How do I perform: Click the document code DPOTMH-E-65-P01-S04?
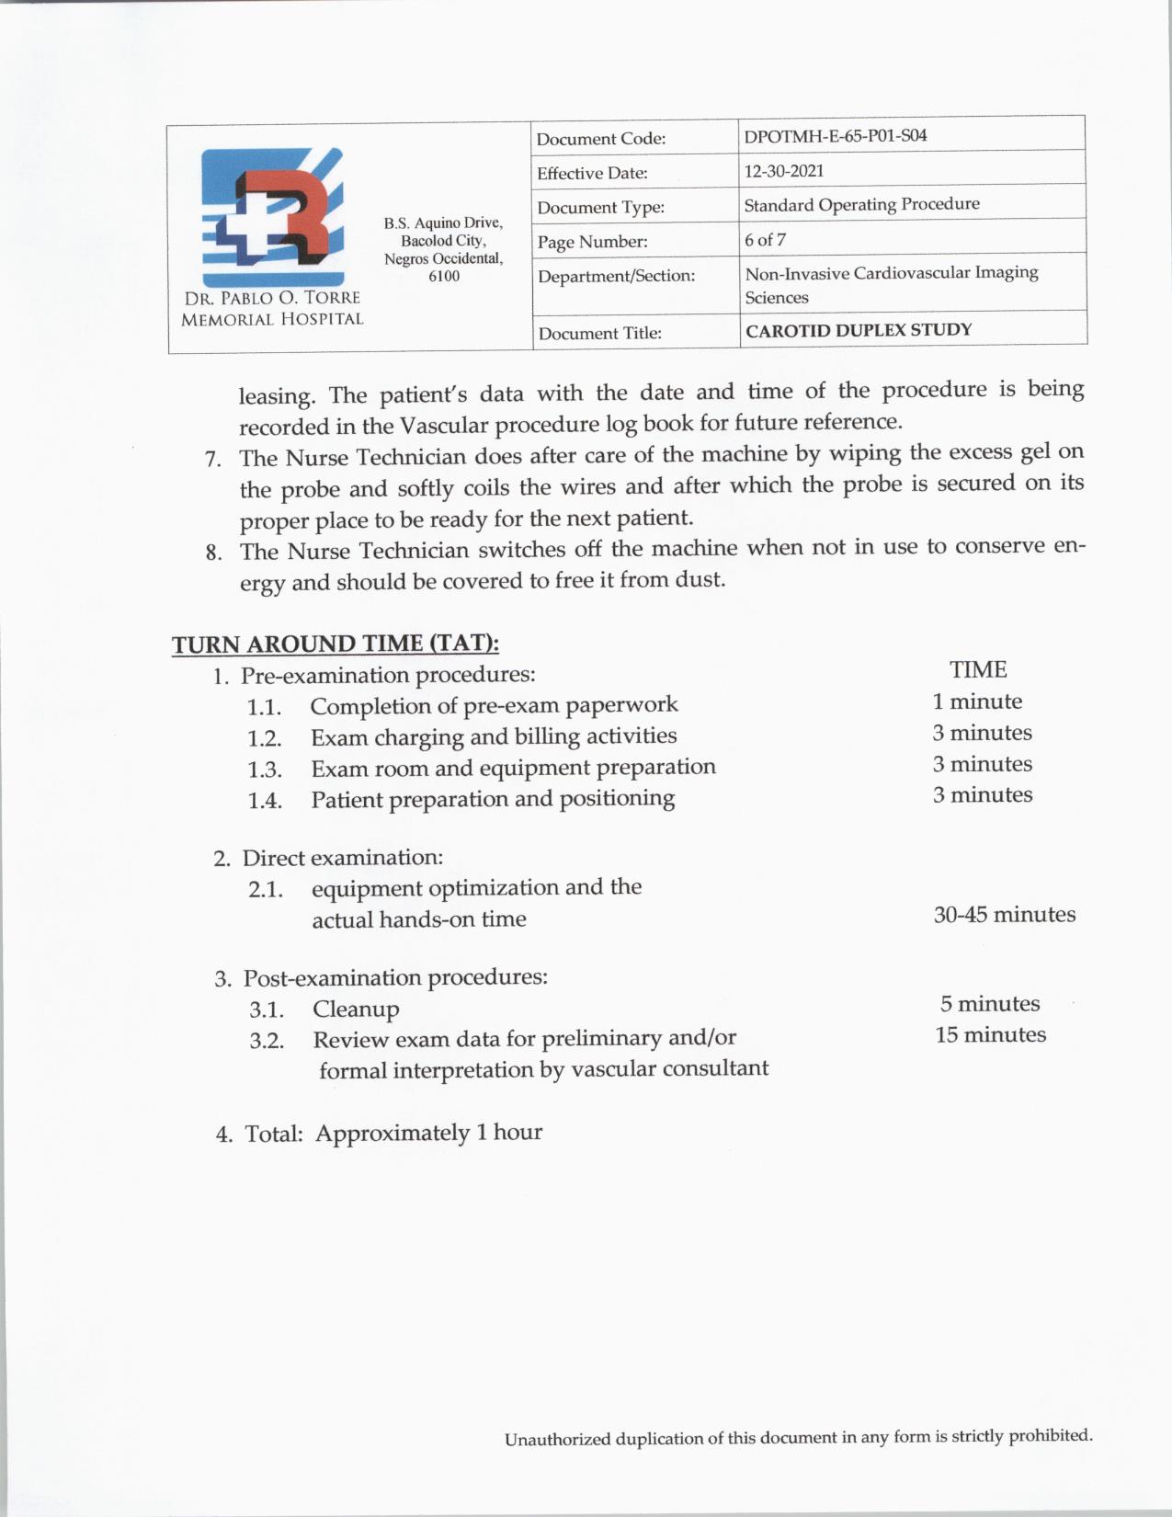(x=835, y=136)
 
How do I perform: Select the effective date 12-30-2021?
(x=783, y=171)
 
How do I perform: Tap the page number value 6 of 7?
(x=765, y=240)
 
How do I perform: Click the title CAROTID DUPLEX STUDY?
(x=858, y=330)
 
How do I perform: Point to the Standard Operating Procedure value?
(x=861, y=204)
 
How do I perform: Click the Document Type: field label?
(x=600, y=208)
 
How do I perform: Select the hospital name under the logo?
(x=272, y=309)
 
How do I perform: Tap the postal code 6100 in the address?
(x=444, y=276)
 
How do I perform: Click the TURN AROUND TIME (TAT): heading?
(x=336, y=644)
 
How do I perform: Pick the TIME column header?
(x=978, y=669)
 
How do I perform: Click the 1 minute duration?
(x=976, y=701)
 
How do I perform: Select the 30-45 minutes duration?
(x=1004, y=915)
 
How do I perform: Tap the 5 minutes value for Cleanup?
(x=989, y=1004)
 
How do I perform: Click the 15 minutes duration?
(x=990, y=1035)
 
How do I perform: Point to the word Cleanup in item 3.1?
(x=356, y=1009)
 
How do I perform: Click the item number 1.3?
(x=264, y=770)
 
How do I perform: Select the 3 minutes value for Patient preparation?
(x=982, y=795)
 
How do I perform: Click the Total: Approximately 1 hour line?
(x=379, y=1133)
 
